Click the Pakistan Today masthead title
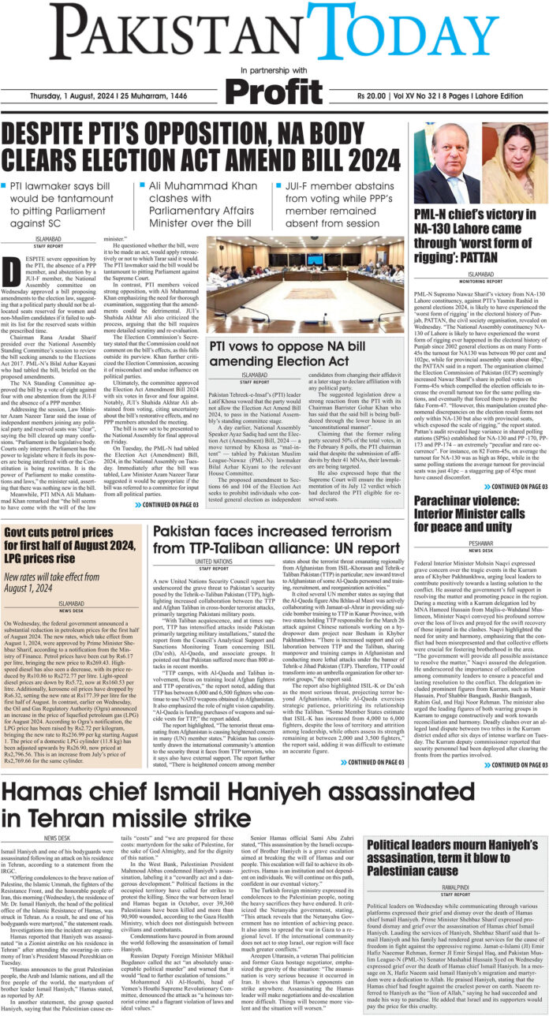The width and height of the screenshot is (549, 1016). [x=274, y=34]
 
